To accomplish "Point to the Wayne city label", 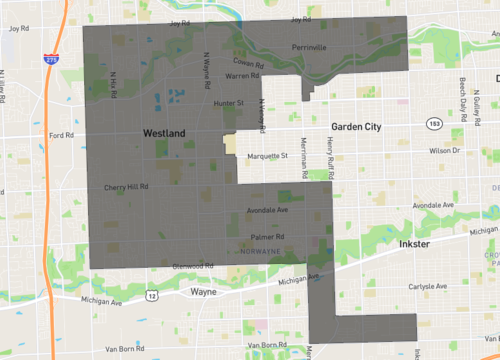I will (204, 293).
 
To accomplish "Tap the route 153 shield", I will (432, 122).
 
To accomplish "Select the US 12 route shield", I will (150, 297).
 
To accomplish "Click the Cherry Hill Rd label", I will (126, 186).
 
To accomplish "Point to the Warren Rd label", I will (243, 76).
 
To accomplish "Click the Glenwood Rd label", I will (192, 265).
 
